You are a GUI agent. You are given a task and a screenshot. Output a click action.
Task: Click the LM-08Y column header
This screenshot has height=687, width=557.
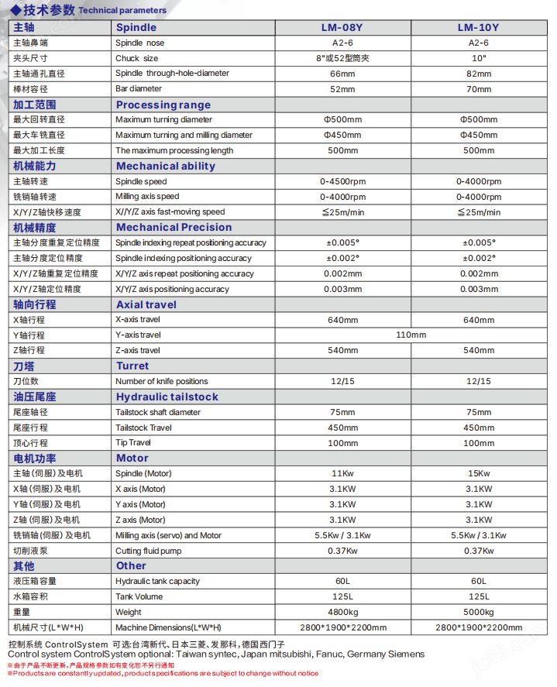click(342, 28)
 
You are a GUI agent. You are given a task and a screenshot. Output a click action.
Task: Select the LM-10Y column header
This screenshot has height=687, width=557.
click(478, 28)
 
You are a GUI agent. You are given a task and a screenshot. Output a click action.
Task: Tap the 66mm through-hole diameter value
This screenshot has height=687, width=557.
click(342, 74)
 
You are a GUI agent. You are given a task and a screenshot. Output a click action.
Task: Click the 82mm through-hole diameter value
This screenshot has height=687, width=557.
click(478, 74)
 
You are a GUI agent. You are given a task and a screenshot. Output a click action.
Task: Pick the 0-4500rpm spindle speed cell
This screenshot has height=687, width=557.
click(342, 181)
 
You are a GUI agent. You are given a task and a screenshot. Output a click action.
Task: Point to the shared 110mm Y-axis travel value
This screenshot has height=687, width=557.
click(411, 335)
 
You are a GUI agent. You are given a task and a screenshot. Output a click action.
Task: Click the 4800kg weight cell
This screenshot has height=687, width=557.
click(342, 612)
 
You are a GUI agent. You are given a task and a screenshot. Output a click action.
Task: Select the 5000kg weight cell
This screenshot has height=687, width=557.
click(478, 612)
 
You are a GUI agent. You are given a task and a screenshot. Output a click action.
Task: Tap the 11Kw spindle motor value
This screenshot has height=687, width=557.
click(342, 473)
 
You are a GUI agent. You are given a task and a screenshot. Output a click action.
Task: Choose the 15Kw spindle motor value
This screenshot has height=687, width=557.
click(478, 473)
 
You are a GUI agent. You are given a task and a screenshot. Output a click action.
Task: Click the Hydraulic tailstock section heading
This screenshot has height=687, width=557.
click(167, 397)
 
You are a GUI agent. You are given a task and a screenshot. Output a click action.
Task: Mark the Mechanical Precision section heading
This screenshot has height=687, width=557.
click(174, 227)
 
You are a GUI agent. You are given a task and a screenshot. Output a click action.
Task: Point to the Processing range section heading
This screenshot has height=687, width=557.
click(163, 105)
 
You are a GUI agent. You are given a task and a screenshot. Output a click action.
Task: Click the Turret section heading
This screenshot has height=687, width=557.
click(132, 366)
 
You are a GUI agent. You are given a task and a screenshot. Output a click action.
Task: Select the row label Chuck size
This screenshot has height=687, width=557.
click(136, 58)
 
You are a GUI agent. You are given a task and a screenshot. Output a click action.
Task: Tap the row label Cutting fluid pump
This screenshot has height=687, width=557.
click(149, 551)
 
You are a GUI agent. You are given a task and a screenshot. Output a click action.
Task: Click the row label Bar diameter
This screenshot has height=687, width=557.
click(138, 89)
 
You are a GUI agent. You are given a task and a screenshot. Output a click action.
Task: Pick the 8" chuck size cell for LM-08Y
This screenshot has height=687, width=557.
click(342, 58)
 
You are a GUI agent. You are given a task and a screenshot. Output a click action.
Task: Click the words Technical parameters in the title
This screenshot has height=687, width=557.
click(122, 10)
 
